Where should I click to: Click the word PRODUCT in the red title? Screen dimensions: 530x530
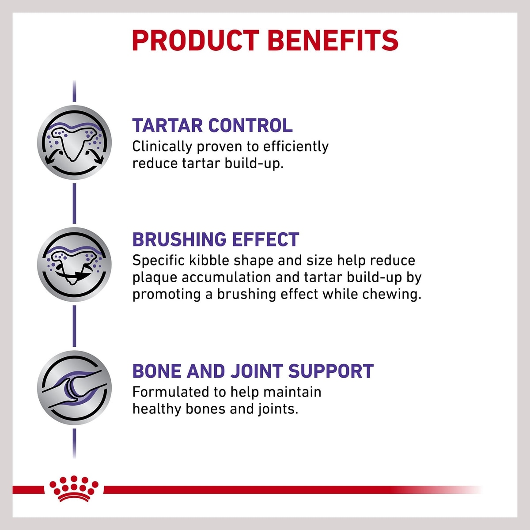point(196,41)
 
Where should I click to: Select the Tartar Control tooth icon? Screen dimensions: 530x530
point(74,143)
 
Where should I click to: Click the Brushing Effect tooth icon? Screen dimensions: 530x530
point(74,265)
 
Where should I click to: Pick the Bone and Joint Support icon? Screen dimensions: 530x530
point(74,388)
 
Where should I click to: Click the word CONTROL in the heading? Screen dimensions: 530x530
point(250,125)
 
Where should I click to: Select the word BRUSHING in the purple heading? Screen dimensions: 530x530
point(179,239)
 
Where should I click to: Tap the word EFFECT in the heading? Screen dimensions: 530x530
point(266,239)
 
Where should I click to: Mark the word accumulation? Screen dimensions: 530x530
point(226,278)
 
